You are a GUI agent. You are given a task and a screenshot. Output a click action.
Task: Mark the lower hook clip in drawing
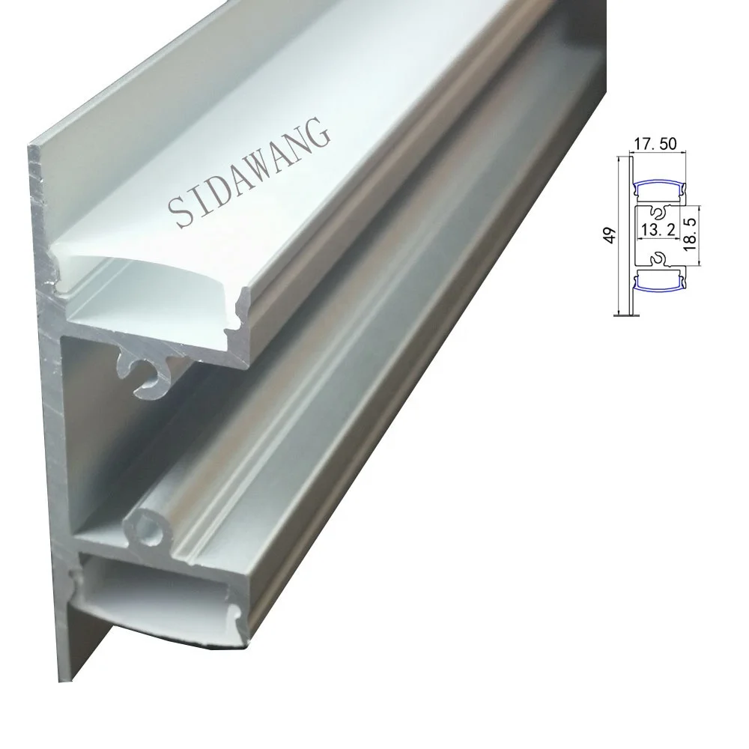[659, 258]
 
